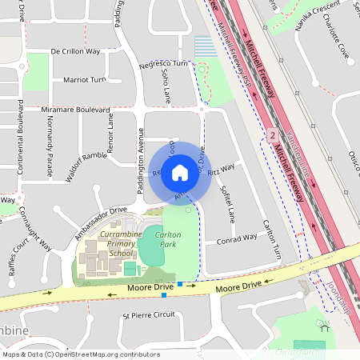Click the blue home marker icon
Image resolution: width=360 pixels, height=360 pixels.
pos(180,172)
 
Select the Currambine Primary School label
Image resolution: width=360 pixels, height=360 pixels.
pos(110,242)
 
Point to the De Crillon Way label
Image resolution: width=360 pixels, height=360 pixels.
pos(75,50)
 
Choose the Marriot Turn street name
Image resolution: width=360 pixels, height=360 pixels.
pos(83,80)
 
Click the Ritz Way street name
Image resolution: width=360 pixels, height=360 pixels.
pos(222,169)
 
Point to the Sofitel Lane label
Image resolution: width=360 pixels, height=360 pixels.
pos(226,205)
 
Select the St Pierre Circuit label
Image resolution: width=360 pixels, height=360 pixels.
pos(148,315)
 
